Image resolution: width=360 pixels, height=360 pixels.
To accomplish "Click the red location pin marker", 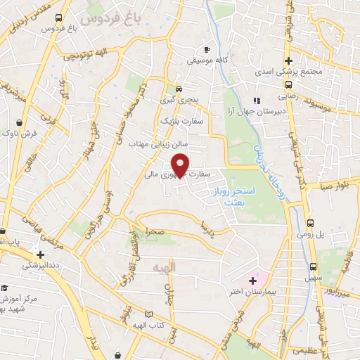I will click(x=181, y=164).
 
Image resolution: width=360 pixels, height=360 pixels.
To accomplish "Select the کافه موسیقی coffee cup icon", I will click(x=207, y=49).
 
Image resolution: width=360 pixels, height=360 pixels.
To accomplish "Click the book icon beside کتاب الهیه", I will click(x=148, y=314).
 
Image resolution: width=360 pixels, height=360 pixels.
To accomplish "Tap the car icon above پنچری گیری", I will click(x=179, y=89).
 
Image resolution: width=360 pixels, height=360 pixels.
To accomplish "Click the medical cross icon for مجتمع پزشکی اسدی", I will click(x=288, y=60).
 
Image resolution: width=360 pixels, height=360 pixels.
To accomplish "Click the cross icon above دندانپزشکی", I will click(x=40, y=254).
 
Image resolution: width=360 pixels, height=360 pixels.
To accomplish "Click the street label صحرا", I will click(x=155, y=231).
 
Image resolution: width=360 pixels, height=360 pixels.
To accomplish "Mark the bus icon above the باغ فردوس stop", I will click(x=57, y=18).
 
